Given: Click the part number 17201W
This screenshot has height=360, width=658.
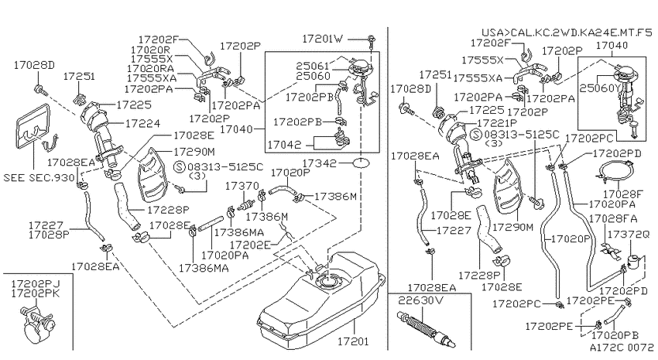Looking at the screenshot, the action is point(322,39).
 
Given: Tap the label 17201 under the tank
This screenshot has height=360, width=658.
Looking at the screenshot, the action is point(353,341).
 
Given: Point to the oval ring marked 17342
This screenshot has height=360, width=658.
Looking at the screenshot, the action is point(361,163).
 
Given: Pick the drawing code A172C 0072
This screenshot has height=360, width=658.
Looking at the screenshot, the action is point(622,347).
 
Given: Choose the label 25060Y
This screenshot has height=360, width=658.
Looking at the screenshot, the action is point(600,88).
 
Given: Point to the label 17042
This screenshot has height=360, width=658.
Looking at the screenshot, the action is point(284,145).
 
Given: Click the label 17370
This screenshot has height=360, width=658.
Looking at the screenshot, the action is point(242,186).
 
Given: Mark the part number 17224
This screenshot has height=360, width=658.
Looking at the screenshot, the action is point(142,123).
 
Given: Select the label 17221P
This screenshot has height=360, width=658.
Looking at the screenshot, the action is point(497,123).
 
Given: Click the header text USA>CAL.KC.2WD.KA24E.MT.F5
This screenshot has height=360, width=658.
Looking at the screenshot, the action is point(567,33).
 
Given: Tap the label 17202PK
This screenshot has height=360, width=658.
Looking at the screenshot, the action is point(36,293).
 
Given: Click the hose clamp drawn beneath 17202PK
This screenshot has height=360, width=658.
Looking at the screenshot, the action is point(37,324).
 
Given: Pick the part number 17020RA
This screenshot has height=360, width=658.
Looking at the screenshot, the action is point(150,68).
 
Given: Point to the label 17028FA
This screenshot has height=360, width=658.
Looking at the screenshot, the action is point(613,218).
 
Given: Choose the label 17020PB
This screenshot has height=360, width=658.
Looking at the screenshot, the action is point(615,335).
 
